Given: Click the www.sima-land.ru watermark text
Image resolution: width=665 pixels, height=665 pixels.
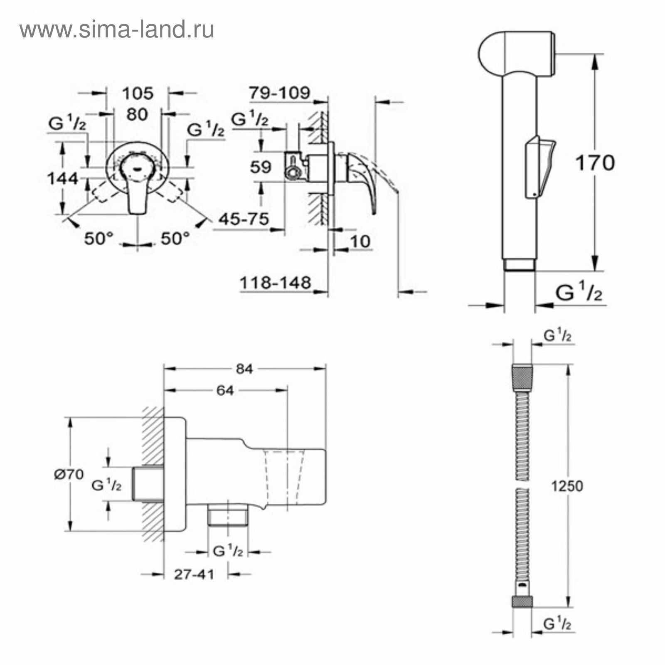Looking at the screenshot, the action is [x=117, y=30].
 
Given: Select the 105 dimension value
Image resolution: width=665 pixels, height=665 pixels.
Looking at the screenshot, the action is [x=138, y=94].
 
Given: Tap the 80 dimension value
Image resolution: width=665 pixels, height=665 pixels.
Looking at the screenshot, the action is [x=137, y=114].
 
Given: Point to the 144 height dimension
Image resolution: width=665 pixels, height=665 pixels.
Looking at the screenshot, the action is [x=62, y=179].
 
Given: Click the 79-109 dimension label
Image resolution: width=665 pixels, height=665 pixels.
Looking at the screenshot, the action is [x=279, y=93].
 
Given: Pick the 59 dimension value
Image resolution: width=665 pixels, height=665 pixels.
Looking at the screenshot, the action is [x=261, y=167].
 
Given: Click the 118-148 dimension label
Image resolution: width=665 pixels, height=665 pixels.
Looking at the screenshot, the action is [x=276, y=283].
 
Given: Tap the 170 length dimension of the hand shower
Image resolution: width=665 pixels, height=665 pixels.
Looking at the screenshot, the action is [x=595, y=163].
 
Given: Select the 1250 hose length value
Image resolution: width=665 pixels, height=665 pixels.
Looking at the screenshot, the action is [x=567, y=486].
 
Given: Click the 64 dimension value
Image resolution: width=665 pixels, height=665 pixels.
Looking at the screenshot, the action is [x=225, y=390].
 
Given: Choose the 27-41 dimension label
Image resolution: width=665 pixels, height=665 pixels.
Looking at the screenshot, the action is [x=194, y=574].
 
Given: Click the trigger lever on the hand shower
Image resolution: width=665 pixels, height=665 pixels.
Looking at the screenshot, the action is [x=539, y=167].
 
